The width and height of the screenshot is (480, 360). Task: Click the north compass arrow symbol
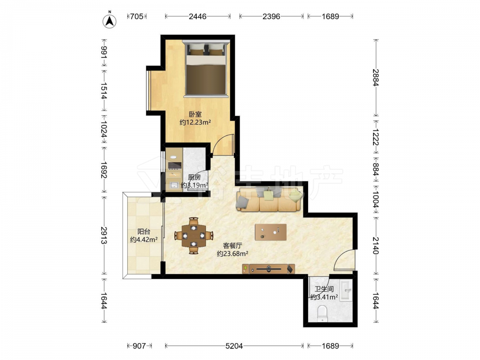[x=109, y=21]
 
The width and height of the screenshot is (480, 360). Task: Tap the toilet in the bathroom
[x=323, y=313]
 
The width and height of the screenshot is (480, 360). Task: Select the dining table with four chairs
[x=193, y=236]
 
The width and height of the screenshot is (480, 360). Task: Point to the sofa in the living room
[x=270, y=199]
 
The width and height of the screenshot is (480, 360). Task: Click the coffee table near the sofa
[x=271, y=232]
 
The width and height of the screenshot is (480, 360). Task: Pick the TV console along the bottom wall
[x=268, y=269]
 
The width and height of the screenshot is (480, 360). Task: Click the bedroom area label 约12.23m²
[x=195, y=122]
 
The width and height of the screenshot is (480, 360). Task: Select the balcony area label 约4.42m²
[x=144, y=240]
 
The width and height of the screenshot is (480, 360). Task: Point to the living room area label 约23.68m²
[x=232, y=253]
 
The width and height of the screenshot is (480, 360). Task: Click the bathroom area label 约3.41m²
[x=324, y=297]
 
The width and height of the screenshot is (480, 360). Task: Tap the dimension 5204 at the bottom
[x=234, y=346]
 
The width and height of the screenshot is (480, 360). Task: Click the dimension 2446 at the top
[x=197, y=16]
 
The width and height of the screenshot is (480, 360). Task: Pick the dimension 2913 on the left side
[x=103, y=235]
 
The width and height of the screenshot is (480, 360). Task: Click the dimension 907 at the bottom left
[x=139, y=346]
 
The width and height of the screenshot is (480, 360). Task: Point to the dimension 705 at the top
[x=136, y=16]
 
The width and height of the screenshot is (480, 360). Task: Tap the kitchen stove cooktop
[x=175, y=166]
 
